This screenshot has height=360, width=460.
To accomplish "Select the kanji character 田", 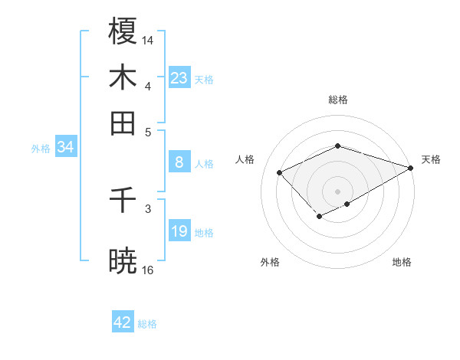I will (x=123, y=123).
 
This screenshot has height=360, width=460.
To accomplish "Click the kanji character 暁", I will (x=123, y=261).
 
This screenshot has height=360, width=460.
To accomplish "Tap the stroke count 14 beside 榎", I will (x=148, y=39).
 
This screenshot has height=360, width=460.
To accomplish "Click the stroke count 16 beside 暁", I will (x=148, y=270).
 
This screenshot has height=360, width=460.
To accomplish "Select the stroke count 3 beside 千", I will (x=148, y=207).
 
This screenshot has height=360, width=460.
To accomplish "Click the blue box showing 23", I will (x=179, y=78).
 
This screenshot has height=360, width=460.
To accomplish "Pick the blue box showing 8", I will (x=179, y=162).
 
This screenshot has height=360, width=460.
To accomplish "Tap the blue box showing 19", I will (x=179, y=231).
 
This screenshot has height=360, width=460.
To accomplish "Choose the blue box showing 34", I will (x=65, y=148).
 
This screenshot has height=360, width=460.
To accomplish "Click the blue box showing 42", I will (x=123, y=322).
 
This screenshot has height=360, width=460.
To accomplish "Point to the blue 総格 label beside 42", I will (x=147, y=324).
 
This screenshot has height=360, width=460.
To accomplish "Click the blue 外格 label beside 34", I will (x=41, y=149).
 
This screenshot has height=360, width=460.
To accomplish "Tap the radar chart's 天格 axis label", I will (x=431, y=159).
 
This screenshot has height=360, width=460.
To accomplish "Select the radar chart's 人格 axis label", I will (x=245, y=159).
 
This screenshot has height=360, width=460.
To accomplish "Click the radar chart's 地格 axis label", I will (x=402, y=262).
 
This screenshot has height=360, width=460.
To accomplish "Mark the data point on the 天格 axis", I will (x=412, y=168).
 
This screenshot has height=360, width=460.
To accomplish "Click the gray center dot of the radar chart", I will (x=337, y=191).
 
